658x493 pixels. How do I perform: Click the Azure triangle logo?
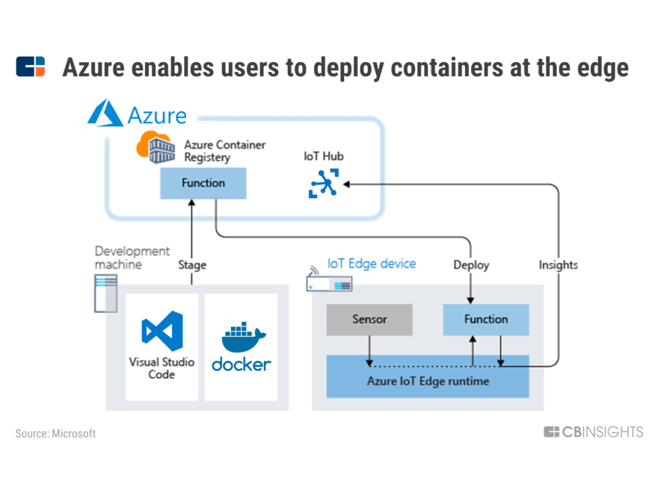(105, 114)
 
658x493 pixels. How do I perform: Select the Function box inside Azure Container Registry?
(203, 183)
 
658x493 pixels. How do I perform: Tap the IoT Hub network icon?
(324, 183)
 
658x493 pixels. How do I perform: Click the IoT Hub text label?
(324, 157)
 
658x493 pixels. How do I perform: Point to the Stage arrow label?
(192, 264)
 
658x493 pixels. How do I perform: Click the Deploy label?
(471, 264)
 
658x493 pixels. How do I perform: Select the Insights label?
(558, 264)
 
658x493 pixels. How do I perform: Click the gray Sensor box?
(369, 320)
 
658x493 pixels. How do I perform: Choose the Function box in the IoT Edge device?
(486, 320)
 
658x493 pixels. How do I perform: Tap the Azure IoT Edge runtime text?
(428, 381)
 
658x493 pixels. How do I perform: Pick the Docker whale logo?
(240, 337)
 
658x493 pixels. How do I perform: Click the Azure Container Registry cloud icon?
(155, 147)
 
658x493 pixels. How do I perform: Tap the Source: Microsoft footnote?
(55, 433)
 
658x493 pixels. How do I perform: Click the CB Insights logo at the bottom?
(593, 432)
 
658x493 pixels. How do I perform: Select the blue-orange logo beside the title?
(30, 66)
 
